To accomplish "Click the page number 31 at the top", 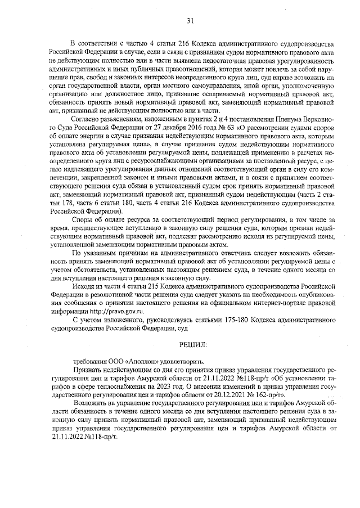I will tap(190, 21).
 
